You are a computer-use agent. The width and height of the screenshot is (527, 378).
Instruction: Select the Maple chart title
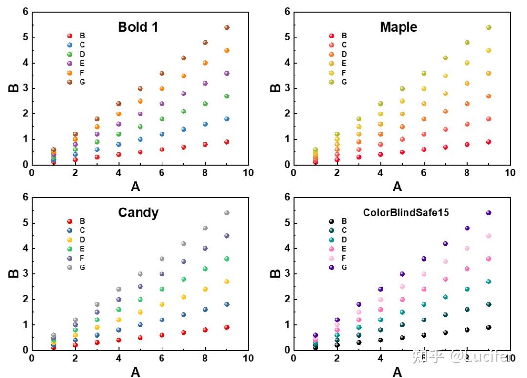pyautogui.click(x=399, y=27)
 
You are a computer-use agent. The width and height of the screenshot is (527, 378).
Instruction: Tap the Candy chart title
pyautogui.click(x=138, y=212)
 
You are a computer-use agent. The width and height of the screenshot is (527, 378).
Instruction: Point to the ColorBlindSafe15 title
pyautogui.click(x=405, y=212)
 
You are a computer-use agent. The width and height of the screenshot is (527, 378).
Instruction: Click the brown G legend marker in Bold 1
pyautogui.click(x=69, y=82)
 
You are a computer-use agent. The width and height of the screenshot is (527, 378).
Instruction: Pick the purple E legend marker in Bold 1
pyautogui.click(x=69, y=63)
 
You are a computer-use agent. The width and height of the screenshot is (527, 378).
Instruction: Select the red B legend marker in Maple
pyautogui.click(x=331, y=36)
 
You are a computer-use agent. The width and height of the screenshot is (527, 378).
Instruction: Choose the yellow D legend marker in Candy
pyautogui.click(x=69, y=240)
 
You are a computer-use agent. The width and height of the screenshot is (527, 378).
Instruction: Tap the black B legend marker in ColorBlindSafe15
pyautogui.click(x=331, y=221)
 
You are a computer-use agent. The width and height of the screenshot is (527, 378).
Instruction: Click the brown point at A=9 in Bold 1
pyautogui.click(x=227, y=27)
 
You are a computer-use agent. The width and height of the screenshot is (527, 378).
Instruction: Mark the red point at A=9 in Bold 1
pyautogui.click(x=227, y=142)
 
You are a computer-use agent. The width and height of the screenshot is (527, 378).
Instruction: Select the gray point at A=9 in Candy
pyautogui.click(x=227, y=213)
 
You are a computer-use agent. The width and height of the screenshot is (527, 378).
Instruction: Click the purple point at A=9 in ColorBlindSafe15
pyautogui.click(x=488, y=213)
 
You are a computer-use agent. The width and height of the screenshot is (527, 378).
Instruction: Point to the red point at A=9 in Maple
pyautogui.click(x=488, y=142)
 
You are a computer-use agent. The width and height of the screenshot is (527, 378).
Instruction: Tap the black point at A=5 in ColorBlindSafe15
pyautogui.click(x=402, y=338)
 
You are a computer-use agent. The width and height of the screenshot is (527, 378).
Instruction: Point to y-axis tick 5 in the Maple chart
pyautogui.click(x=288, y=38)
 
